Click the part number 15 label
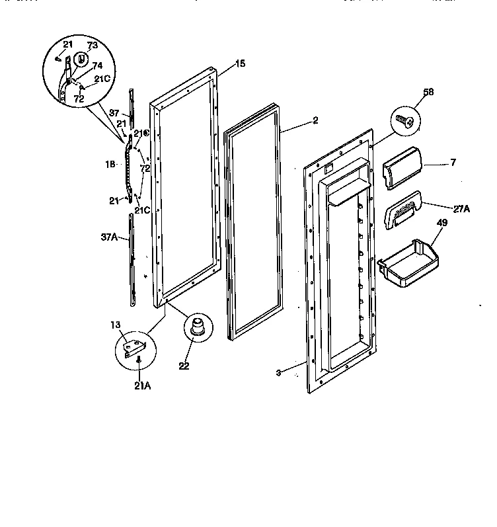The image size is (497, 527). tap(240, 63)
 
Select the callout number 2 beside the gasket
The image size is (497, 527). tap(315, 120)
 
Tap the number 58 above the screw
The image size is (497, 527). tap(428, 93)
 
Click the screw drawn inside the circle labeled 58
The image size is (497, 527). tap(405, 120)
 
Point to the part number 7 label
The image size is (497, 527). tap(453, 162)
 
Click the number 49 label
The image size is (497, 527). tap(441, 223)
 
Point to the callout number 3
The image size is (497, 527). tap(279, 374)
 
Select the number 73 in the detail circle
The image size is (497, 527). tap(92, 45)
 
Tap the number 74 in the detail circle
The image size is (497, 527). tap(97, 66)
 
